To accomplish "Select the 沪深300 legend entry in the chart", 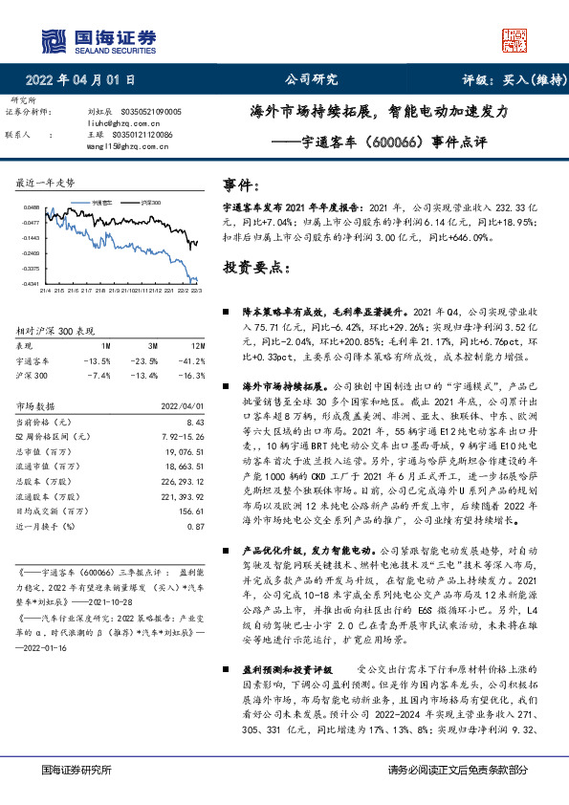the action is [x=150, y=203].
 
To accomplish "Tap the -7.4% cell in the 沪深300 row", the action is [x=98, y=376].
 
